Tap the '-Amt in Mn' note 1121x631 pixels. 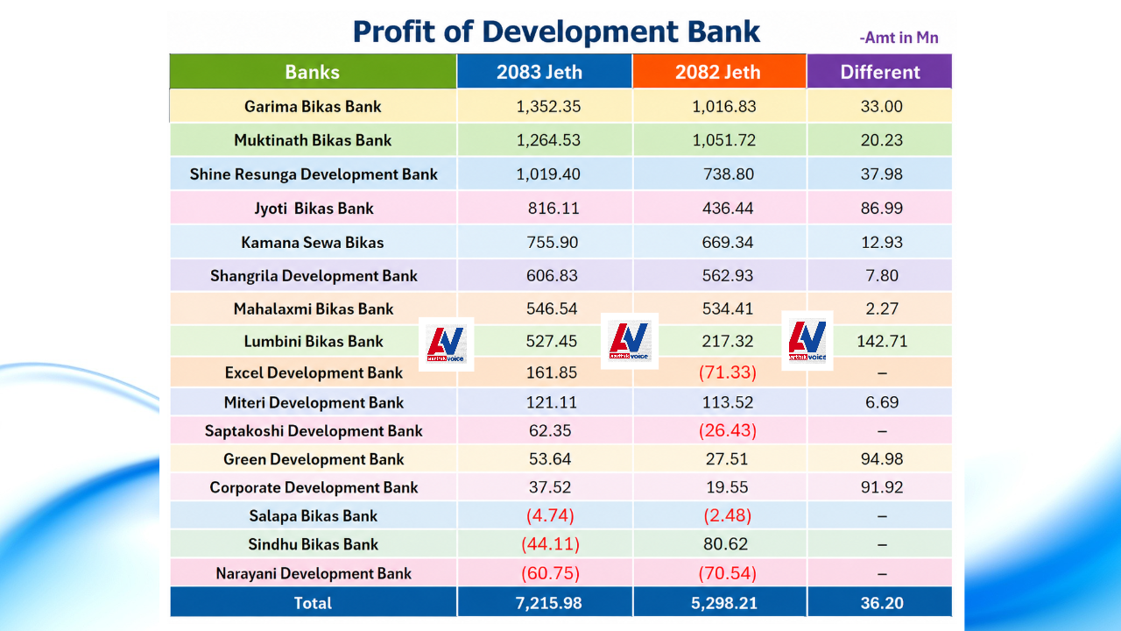click(x=899, y=38)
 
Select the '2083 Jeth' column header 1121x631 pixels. click(x=539, y=72)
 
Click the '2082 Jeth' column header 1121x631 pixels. click(x=717, y=72)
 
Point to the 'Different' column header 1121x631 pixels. click(x=880, y=72)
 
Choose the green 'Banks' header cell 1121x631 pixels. click(x=313, y=72)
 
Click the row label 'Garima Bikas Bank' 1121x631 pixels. click(x=313, y=106)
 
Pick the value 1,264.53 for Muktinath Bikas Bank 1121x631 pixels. click(x=548, y=140)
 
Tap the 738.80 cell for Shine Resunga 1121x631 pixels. click(x=728, y=174)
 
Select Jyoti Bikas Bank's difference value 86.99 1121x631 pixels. click(x=882, y=208)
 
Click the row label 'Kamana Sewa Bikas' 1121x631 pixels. click(x=313, y=243)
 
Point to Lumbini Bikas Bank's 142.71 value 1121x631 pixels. click(x=882, y=341)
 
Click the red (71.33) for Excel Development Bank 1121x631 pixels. click(x=728, y=372)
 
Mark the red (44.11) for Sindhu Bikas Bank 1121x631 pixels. click(x=551, y=544)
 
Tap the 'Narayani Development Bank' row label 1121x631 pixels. click(x=314, y=573)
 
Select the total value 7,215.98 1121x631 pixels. click(x=548, y=603)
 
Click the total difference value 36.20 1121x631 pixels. click(x=882, y=603)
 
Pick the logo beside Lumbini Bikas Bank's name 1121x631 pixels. click(x=446, y=344)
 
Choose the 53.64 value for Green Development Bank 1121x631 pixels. click(x=550, y=458)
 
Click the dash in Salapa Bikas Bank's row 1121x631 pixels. click(x=882, y=516)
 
